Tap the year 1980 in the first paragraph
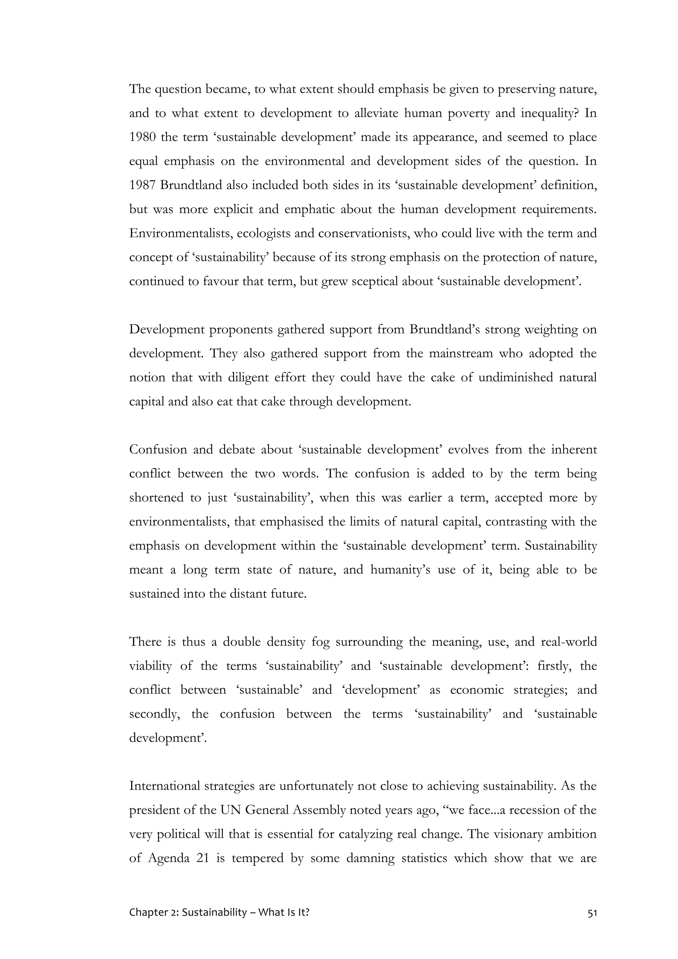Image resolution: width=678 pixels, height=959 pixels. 142,137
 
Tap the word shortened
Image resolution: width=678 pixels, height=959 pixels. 157,498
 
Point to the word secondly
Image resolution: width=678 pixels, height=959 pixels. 155,714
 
